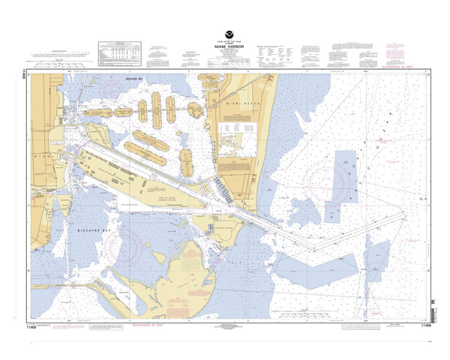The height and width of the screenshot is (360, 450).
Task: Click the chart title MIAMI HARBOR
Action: click(226, 46)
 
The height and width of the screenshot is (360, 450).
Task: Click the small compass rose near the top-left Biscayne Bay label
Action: click(111, 88)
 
